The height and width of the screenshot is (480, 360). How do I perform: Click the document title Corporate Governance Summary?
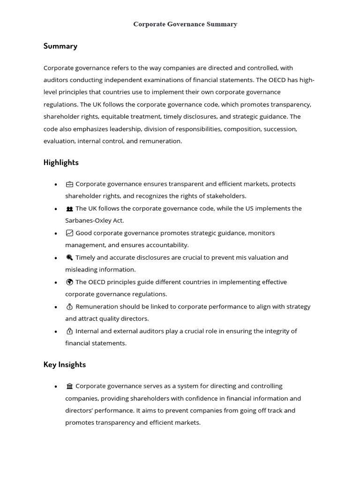[x=185, y=24]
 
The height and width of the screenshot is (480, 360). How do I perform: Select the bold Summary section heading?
[x=60, y=46]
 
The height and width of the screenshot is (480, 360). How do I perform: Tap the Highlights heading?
[x=61, y=163]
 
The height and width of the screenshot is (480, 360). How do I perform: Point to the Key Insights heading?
[x=65, y=365]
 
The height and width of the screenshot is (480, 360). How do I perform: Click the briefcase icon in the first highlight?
[x=69, y=184]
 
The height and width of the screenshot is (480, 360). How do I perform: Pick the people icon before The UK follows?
[x=69, y=209]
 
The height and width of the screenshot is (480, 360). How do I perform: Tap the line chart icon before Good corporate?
[x=69, y=233]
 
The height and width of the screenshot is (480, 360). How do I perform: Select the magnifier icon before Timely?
[x=69, y=257]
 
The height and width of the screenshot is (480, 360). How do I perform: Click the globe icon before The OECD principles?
[x=69, y=282]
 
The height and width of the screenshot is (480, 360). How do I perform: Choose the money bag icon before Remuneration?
[x=69, y=307]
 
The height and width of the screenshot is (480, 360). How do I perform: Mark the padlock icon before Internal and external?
[x=69, y=331]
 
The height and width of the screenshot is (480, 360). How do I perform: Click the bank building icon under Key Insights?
[x=69, y=386]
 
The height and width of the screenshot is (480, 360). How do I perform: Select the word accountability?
[x=166, y=245]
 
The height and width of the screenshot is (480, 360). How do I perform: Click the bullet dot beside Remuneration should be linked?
[x=56, y=307]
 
